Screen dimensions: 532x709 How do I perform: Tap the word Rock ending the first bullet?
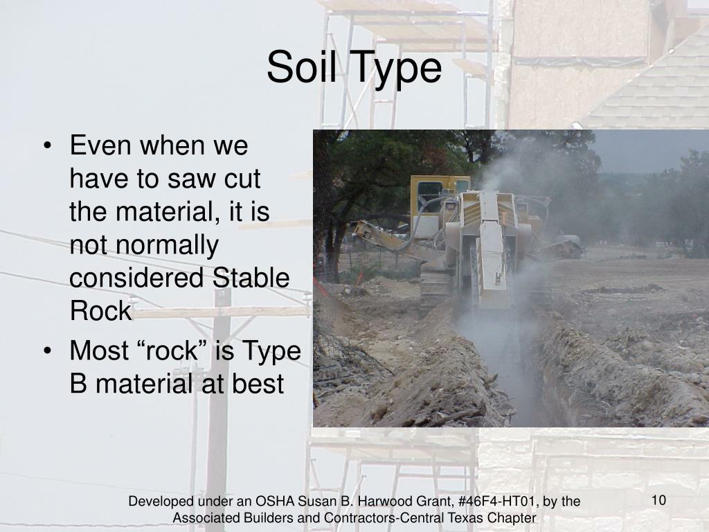(x=100, y=311)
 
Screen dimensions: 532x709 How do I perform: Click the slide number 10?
(x=658, y=500)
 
